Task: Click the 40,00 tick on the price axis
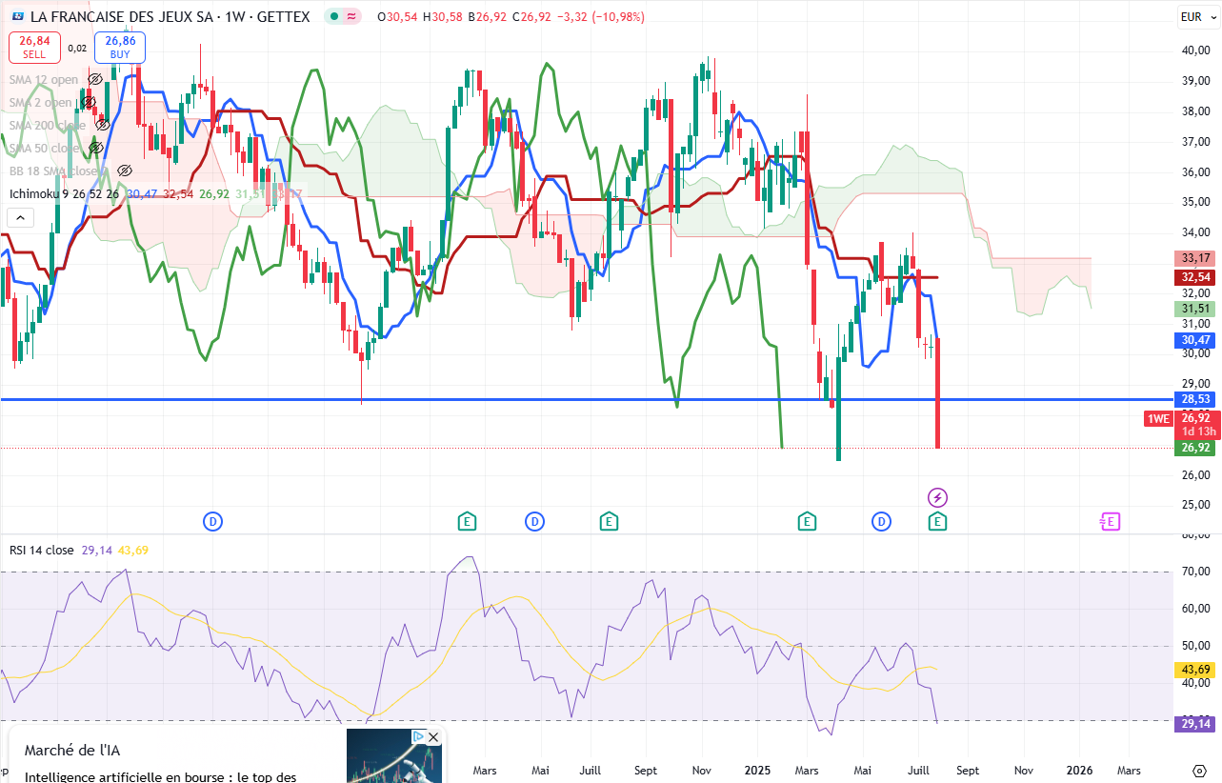pos(1195,50)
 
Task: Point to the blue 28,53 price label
pos(1195,400)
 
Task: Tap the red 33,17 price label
pos(1195,258)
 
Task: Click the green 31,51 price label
pos(1195,309)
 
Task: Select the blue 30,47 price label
pos(1195,340)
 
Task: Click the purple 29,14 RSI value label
pos(1195,725)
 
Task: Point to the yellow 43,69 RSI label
pos(1195,670)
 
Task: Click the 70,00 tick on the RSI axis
pos(1195,572)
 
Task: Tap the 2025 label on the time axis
pos(758,769)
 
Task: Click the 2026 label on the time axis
pos(1079,769)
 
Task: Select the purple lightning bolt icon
pos(938,497)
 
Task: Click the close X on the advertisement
pos(433,737)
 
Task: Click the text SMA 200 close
pos(48,126)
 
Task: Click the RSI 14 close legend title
pos(42,550)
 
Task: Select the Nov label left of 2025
pos(702,769)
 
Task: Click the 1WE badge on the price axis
pos(1157,419)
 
